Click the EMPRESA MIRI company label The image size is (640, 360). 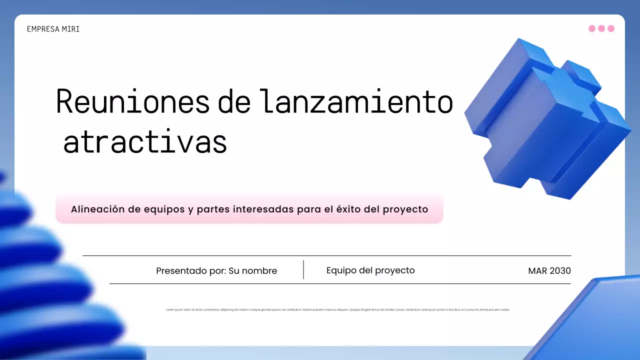[x=53, y=29]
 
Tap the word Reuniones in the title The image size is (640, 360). [x=132, y=101]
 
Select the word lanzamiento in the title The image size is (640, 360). [x=356, y=101]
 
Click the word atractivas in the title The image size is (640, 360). [x=145, y=142]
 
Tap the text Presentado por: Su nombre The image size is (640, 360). [x=216, y=271]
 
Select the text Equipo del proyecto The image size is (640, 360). [x=370, y=270]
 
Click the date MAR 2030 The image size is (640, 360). [x=549, y=271]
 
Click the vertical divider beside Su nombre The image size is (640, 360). [x=303, y=269]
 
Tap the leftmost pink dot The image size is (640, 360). [x=592, y=28]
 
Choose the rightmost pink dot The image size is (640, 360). [x=610, y=28]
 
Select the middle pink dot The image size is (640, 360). [x=601, y=28]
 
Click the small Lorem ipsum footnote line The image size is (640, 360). [x=337, y=310]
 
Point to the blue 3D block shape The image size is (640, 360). [x=545, y=120]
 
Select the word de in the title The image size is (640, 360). [x=234, y=101]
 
